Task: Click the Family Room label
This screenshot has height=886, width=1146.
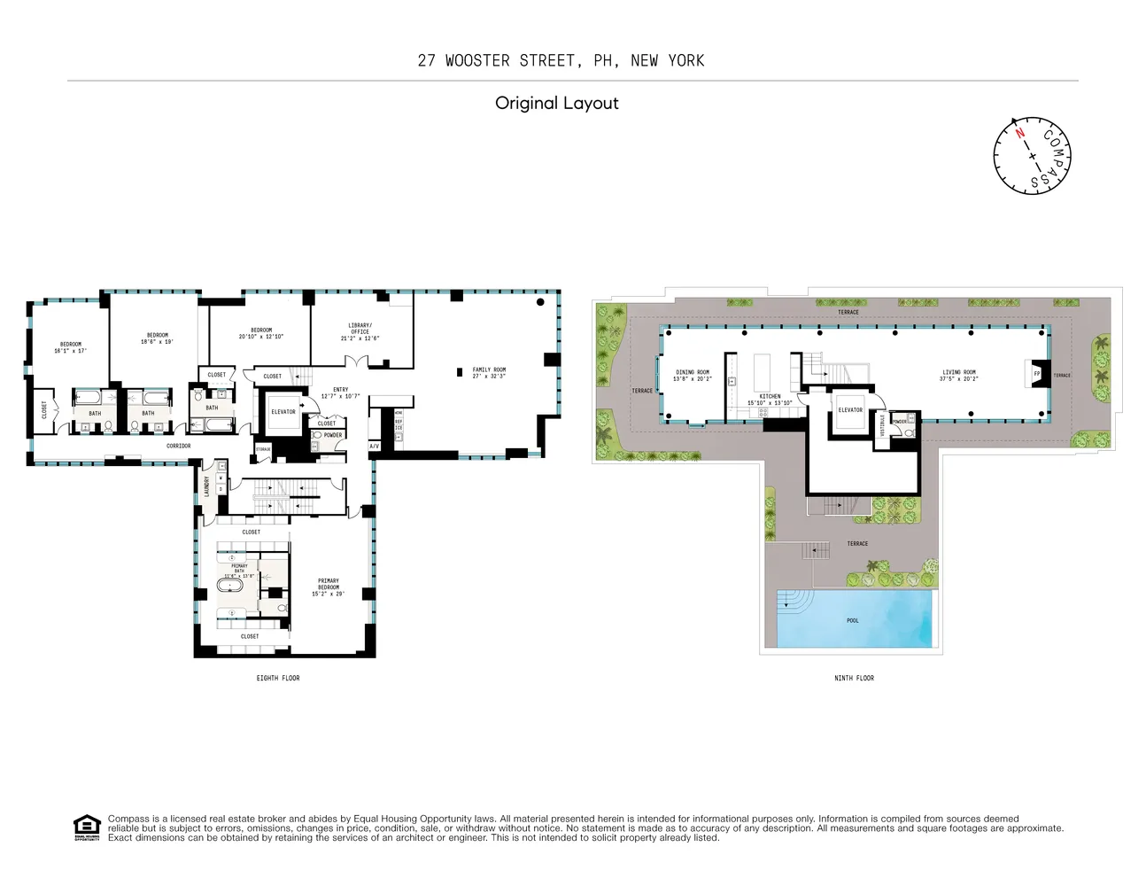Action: (489, 373)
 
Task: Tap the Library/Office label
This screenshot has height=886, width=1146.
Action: (360, 331)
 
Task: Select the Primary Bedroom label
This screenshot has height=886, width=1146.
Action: (328, 587)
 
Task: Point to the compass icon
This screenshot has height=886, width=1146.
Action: (1033, 154)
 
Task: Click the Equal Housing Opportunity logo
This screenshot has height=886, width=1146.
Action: (86, 828)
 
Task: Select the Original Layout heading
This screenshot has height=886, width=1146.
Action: (556, 103)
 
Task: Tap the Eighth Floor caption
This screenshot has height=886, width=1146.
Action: (278, 678)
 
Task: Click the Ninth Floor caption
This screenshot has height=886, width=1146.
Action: (854, 678)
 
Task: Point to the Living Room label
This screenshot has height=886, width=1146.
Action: (958, 376)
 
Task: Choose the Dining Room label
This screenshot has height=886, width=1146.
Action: (693, 376)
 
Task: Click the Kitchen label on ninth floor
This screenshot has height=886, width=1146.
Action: (770, 400)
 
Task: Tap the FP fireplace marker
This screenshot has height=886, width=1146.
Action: (1036, 374)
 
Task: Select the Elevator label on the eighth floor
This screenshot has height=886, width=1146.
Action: (283, 412)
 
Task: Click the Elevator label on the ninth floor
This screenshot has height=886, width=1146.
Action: (850, 410)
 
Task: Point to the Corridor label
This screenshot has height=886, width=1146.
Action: (179, 446)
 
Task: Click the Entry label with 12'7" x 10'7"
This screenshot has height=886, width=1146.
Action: (341, 392)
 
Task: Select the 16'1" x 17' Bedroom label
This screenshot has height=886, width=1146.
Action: (71, 347)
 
